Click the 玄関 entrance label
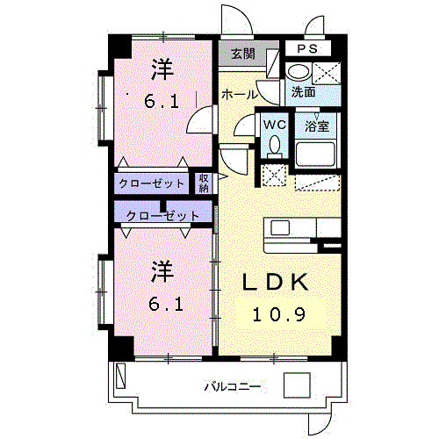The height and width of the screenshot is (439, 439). click(x=243, y=54)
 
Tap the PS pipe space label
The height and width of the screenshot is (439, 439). click(x=307, y=48)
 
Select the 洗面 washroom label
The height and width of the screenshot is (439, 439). click(x=303, y=92)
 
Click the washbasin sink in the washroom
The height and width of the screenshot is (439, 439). click(x=299, y=72)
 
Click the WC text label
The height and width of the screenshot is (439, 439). click(x=275, y=125)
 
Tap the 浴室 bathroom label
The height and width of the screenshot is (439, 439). click(x=317, y=126)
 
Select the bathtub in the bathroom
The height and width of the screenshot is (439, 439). click(x=315, y=154)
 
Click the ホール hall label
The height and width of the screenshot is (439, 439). click(x=240, y=95)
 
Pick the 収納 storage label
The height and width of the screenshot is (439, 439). click(x=204, y=184)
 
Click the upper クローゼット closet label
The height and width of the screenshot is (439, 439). click(x=151, y=184)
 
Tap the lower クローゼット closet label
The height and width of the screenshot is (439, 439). click(x=162, y=216)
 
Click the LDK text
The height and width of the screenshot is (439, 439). click(x=276, y=282)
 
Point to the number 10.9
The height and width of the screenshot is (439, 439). click(x=279, y=314)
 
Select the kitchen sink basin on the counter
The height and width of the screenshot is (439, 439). click(x=280, y=227)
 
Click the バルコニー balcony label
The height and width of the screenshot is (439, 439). click(x=232, y=387)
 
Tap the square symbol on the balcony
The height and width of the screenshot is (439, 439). click(x=297, y=385)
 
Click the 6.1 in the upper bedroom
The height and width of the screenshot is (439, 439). click(x=162, y=102)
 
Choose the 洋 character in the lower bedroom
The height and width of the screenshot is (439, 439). click(x=162, y=272)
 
